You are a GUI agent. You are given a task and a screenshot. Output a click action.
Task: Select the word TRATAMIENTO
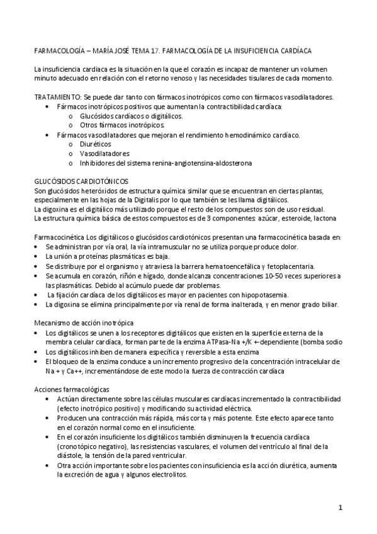pos(57,98)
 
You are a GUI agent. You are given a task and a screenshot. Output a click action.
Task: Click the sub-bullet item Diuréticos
pos(97,144)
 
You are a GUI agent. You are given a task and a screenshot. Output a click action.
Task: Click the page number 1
pos(340,508)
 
